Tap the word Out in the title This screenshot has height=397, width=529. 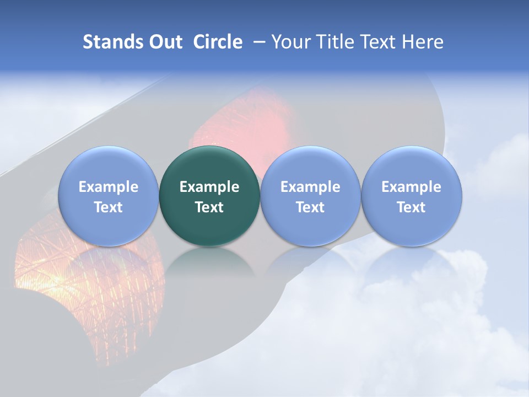pos(164,42)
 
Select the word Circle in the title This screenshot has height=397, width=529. pos(218,42)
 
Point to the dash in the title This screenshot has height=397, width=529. pos(257,42)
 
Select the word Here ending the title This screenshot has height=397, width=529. pos(423,42)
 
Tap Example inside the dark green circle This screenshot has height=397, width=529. pos(209,187)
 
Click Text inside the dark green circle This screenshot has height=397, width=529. pos(209,207)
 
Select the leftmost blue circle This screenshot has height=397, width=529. pos(108,226)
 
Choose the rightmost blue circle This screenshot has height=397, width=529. pos(412,226)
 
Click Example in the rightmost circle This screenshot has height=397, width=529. pos(412,187)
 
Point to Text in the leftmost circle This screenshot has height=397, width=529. pos(108,207)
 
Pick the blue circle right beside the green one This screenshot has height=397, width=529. pos(310,226)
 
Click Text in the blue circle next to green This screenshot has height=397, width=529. pos(310,207)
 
